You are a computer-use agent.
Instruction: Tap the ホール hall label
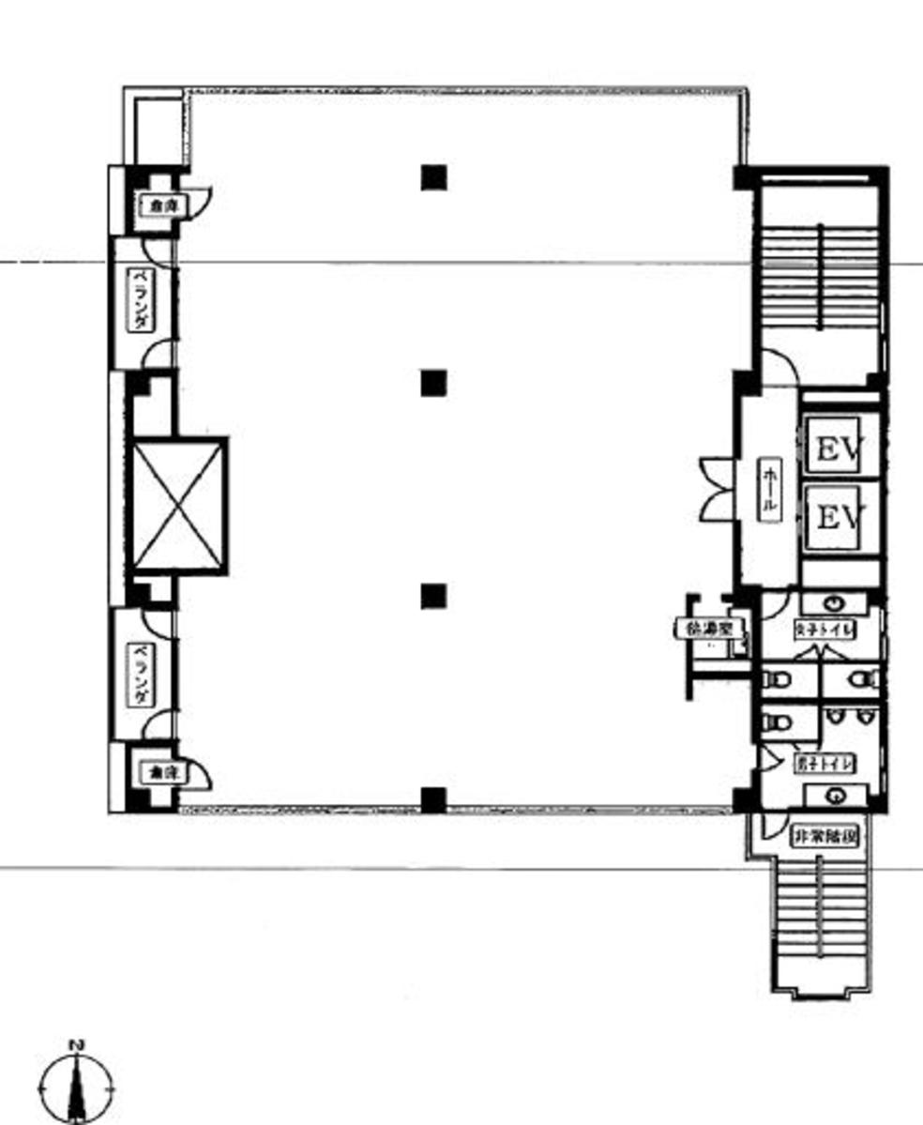pos(769,489)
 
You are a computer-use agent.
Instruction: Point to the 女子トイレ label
pos(825,629)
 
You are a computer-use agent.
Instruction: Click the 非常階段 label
pos(825,834)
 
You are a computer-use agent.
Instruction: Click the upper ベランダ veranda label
pos(141,298)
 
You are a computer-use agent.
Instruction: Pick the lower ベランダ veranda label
pos(141,675)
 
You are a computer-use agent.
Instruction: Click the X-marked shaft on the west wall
pos(178,505)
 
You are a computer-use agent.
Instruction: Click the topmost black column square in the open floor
pos(433,177)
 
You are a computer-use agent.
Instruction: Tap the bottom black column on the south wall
pos(433,799)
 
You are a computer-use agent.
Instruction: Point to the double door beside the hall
pos(715,489)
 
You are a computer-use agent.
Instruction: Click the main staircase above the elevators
pos(821,277)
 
